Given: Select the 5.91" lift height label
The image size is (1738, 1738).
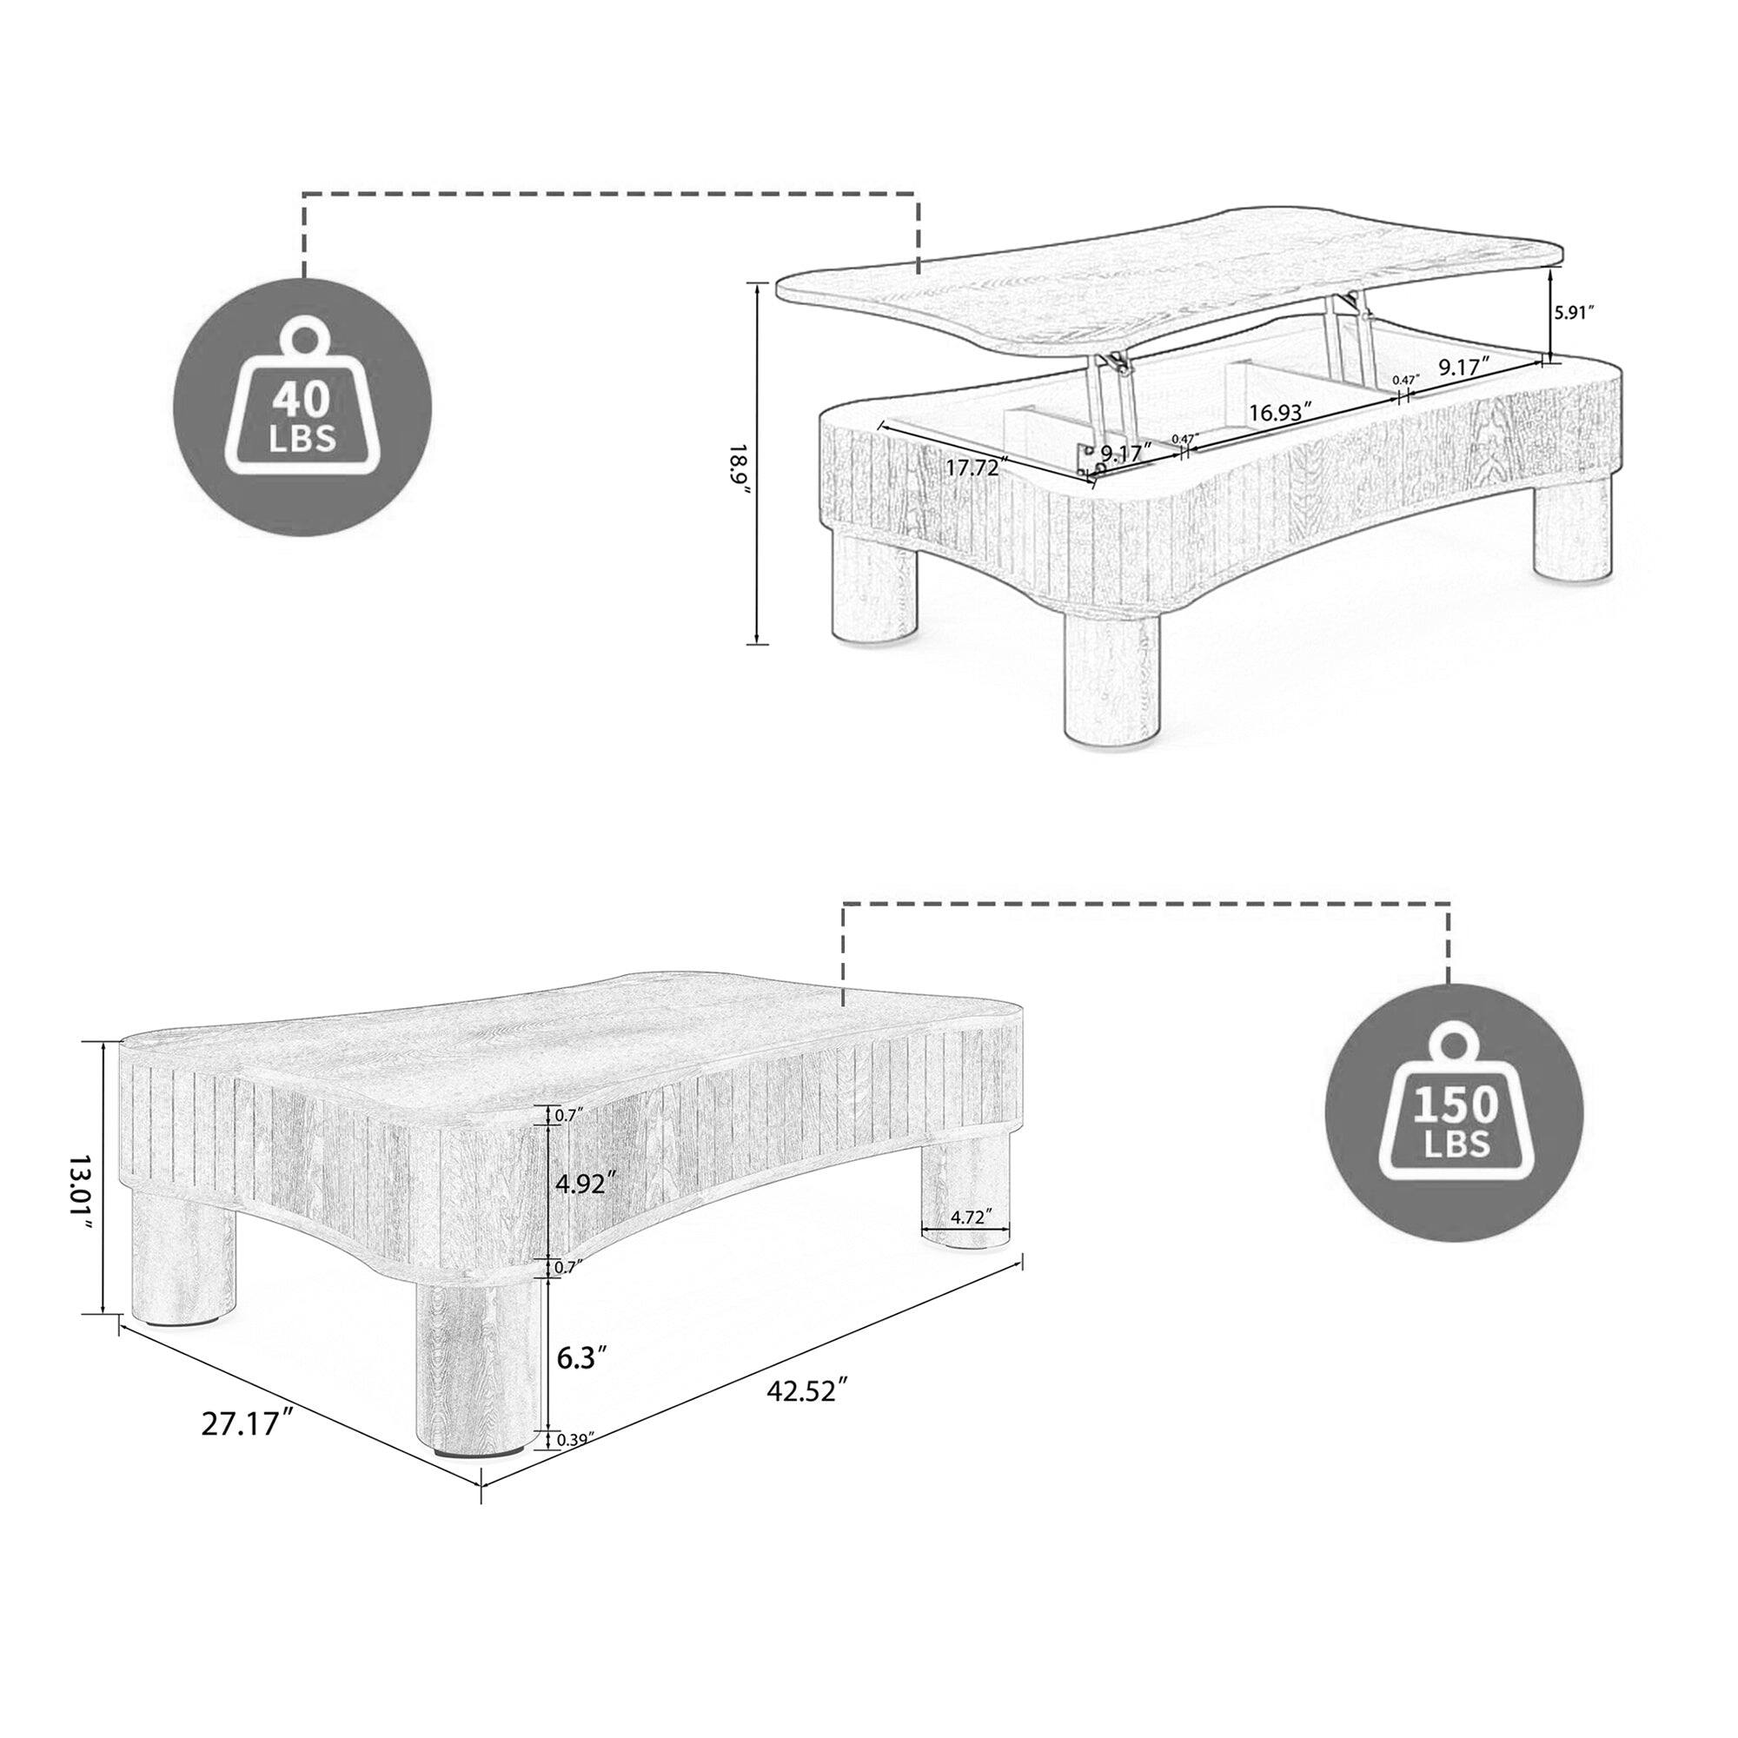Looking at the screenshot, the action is [1575, 312].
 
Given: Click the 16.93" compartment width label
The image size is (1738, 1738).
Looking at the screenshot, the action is [1279, 411].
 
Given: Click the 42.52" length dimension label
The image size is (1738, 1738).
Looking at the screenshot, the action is [808, 1415].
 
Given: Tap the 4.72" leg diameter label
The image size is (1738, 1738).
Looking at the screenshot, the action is [969, 1217].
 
